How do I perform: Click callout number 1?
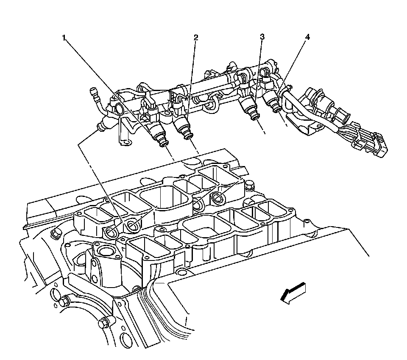[64, 38]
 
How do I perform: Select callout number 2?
[195, 38]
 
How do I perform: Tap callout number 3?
[262, 37]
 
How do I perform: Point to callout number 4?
[307, 37]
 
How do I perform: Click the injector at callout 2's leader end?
[183, 126]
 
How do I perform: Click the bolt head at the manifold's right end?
[249, 185]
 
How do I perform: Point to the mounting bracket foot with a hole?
[124, 144]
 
